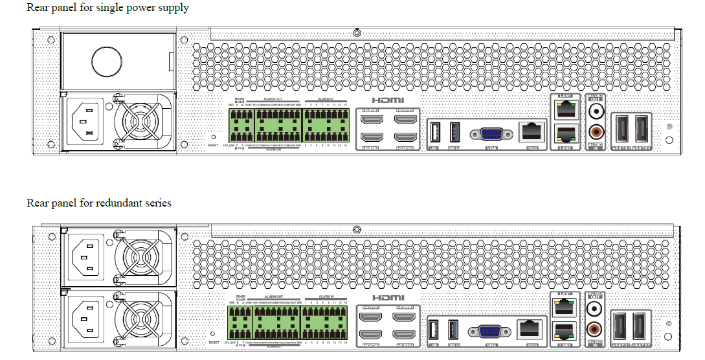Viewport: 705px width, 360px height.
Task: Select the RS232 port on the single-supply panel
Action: click(x=532, y=132)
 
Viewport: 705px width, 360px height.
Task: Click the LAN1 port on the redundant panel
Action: click(x=564, y=304)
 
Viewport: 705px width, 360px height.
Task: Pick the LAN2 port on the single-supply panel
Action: click(x=564, y=135)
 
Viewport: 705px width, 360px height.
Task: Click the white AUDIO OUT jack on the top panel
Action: click(x=596, y=111)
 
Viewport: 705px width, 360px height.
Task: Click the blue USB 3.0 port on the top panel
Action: click(x=453, y=133)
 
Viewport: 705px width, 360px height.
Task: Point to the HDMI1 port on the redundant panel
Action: click(x=371, y=317)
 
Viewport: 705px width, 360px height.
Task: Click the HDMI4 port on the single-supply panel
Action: click(x=405, y=137)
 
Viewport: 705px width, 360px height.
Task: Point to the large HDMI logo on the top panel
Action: click(x=388, y=100)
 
